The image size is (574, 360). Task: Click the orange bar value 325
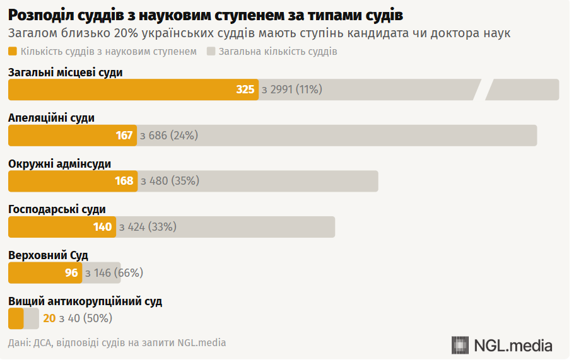pyautogui.click(x=245, y=90)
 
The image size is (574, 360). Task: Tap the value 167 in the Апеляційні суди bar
pyautogui.click(x=124, y=136)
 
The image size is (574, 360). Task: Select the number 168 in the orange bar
pyautogui.click(x=124, y=181)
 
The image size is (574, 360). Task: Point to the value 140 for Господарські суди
pyautogui.click(x=103, y=227)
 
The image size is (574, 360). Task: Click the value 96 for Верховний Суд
pyautogui.click(x=71, y=273)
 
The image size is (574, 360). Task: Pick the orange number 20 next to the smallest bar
pyautogui.click(x=49, y=318)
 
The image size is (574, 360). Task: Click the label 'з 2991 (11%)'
pyautogui.click(x=291, y=90)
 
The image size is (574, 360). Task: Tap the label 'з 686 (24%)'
pyautogui.click(x=169, y=136)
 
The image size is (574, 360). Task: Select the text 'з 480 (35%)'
pyautogui.click(x=170, y=181)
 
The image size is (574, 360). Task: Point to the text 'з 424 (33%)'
pyautogui.click(x=148, y=227)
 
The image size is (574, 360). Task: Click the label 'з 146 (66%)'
pyautogui.click(x=114, y=273)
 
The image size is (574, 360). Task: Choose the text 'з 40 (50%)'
pyautogui.click(x=85, y=318)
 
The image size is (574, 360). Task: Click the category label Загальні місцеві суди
pyautogui.click(x=65, y=73)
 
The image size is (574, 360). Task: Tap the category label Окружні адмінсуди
pyautogui.click(x=59, y=164)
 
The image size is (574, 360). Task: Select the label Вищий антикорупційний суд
pyautogui.click(x=85, y=301)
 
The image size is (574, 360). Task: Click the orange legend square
pyautogui.click(x=13, y=52)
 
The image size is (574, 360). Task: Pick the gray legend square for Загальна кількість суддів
pyautogui.click(x=211, y=52)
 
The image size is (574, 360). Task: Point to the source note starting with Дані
pyautogui.click(x=117, y=343)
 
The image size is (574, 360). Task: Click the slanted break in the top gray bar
pyautogui.click(x=483, y=90)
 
